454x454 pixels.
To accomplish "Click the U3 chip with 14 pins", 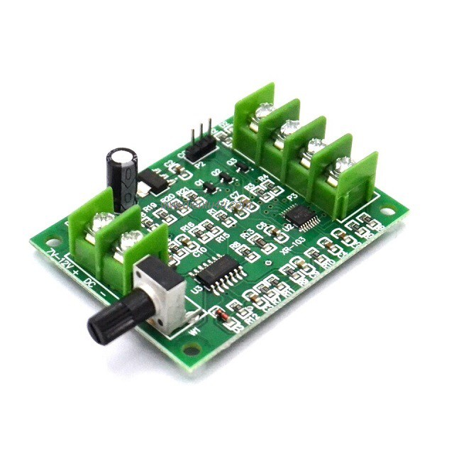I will click(216, 272).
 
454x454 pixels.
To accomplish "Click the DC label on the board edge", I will click(90, 283).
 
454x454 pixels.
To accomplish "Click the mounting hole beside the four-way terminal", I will click(388, 209).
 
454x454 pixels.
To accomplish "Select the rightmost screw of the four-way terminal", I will click(344, 165).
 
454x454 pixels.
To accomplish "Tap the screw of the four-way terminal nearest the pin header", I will click(264, 111).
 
